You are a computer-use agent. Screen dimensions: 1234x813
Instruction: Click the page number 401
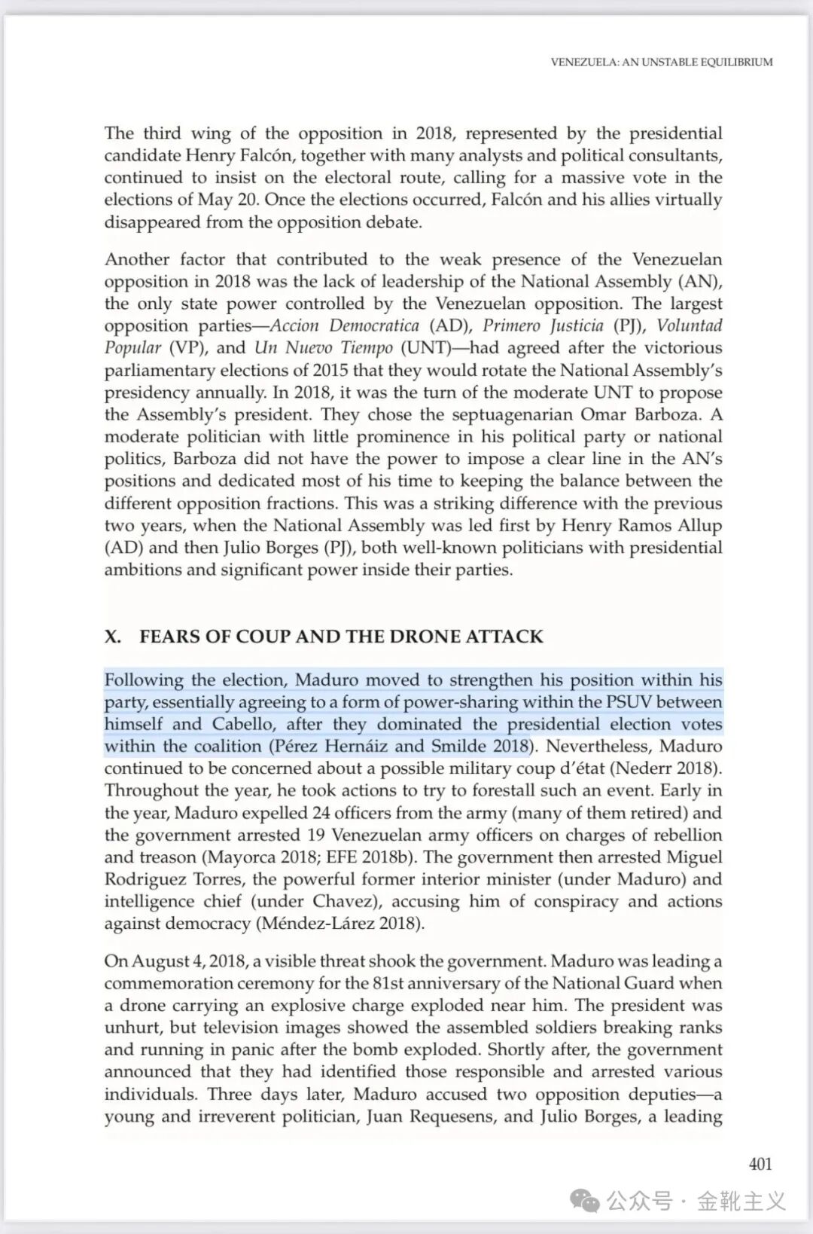point(760,1164)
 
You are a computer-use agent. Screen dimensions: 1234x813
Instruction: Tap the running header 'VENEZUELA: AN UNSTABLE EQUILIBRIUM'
point(661,63)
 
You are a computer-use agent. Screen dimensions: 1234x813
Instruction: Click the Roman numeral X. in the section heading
point(113,637)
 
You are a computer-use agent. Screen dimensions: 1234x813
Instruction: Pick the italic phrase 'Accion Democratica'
point(344,325)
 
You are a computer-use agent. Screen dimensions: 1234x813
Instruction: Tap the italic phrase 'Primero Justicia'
point(543,325)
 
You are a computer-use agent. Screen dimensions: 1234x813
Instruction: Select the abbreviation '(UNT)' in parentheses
point(425,348)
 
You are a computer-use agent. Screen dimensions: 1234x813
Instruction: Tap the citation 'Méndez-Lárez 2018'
point(340,924)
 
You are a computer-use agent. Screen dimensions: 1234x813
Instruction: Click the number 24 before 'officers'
point(322,813)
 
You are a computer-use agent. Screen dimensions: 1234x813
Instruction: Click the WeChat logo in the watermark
point(585,1200)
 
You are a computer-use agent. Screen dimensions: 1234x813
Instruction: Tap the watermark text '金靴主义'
point(741,1200)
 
